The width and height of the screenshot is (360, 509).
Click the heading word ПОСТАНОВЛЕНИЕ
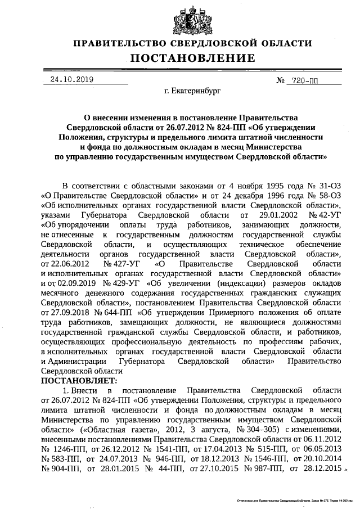click(x=193, y=58)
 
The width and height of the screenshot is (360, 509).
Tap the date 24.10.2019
click(x=71, y=80)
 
